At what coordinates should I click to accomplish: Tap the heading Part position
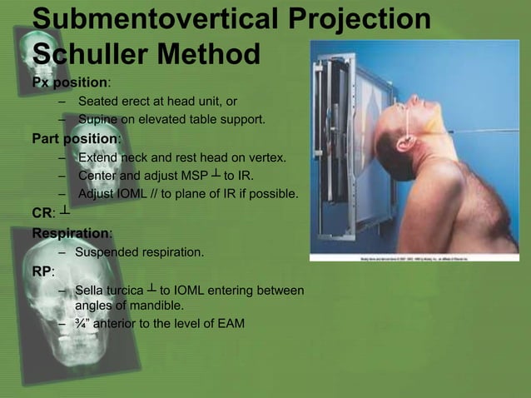coord(76,137)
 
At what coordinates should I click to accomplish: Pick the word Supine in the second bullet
coord(97,120)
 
